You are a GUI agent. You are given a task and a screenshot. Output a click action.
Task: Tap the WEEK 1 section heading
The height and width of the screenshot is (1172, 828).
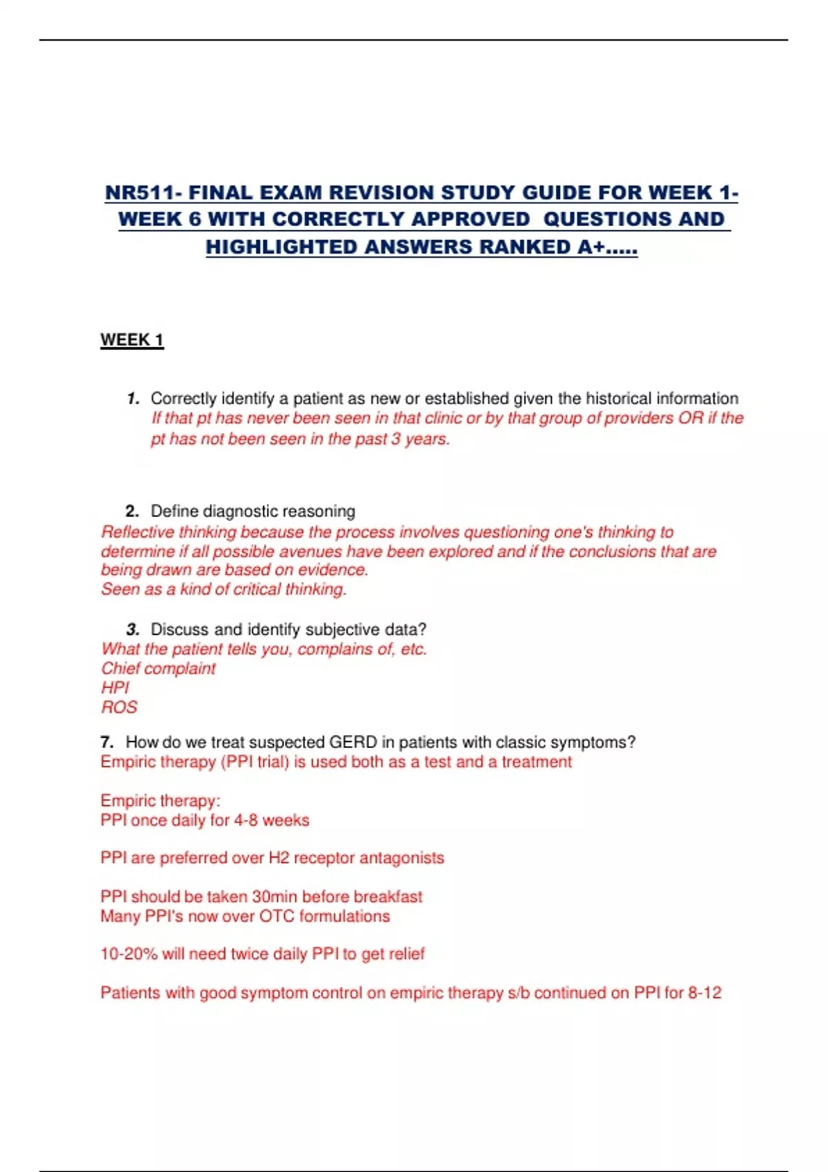click(x=132, y=340)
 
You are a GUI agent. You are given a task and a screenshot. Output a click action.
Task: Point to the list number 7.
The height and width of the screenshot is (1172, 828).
click(x=106, y=742)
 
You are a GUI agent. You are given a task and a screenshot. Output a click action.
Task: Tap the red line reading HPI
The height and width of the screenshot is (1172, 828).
click(x=115, y=688)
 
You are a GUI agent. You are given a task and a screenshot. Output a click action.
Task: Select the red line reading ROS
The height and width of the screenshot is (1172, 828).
click(x=119, y=707)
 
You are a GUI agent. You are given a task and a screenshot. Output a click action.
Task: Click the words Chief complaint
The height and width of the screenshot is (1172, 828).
click(x=158, y=669)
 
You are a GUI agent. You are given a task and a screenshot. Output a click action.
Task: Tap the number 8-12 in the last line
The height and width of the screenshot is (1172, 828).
click(x=704, y=993)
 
